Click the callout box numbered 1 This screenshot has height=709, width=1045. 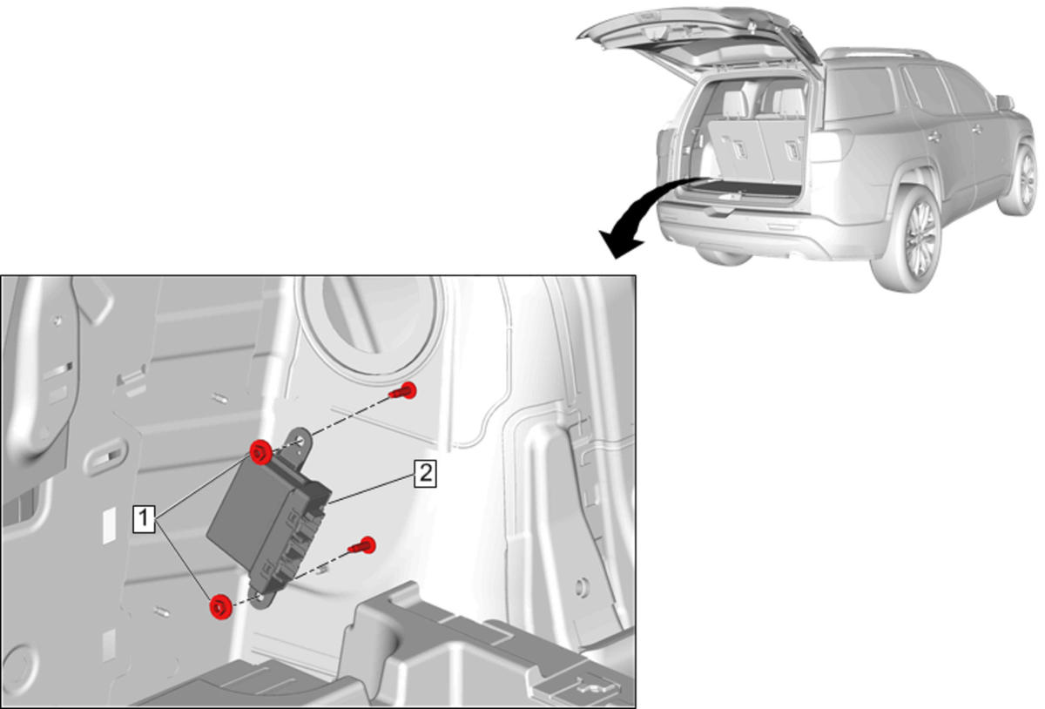144,518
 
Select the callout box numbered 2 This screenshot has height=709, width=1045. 426,473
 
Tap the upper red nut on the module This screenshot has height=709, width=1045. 260,451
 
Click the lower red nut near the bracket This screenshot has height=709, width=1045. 220,607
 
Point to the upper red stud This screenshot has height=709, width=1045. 404,390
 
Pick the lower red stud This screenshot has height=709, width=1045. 363,545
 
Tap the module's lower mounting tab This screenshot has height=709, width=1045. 261,598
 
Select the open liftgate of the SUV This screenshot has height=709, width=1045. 700,42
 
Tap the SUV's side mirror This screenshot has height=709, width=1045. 1004,102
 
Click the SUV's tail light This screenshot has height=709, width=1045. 831,145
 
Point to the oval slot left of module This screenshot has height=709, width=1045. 104,456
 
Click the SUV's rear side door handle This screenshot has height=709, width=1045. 934,138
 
